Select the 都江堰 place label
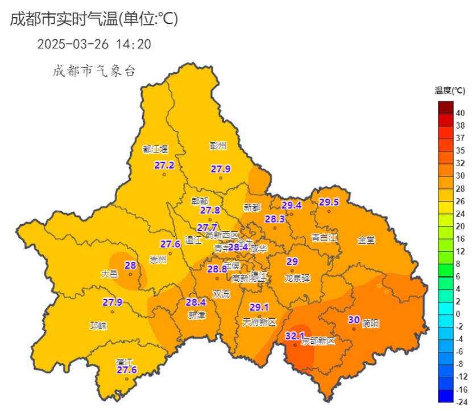pos(155,149)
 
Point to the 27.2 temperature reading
pos(164,165)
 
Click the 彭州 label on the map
pos(218,146)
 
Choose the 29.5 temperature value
pos(329,202)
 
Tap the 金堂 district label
pos(366,240)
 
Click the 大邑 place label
pos(109,274)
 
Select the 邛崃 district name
pos(98,326)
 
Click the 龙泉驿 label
pos(297,278)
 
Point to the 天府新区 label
pos(259,322)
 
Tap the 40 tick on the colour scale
pos(460,113)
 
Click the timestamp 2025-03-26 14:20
pos(94,44)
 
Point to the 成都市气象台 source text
pos(94,71)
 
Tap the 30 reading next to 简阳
pos(354,319)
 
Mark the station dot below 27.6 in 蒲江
pos(127,379)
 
